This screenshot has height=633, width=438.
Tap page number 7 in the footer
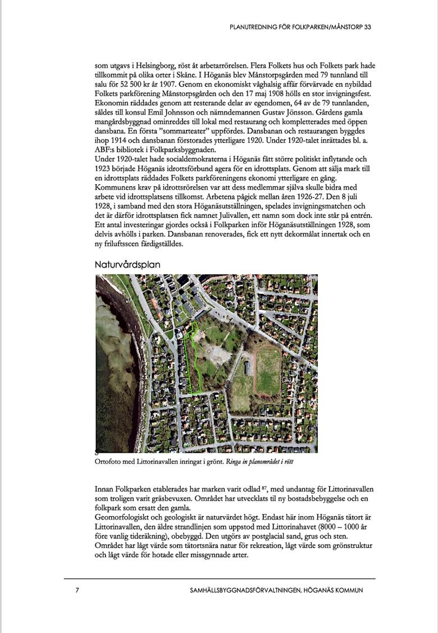point(77,590)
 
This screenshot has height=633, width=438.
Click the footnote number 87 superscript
point(278,488)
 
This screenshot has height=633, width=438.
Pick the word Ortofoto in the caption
point(108,462)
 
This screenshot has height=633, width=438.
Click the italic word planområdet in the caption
point(263,462)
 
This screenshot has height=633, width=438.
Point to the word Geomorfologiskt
point(124,516)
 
